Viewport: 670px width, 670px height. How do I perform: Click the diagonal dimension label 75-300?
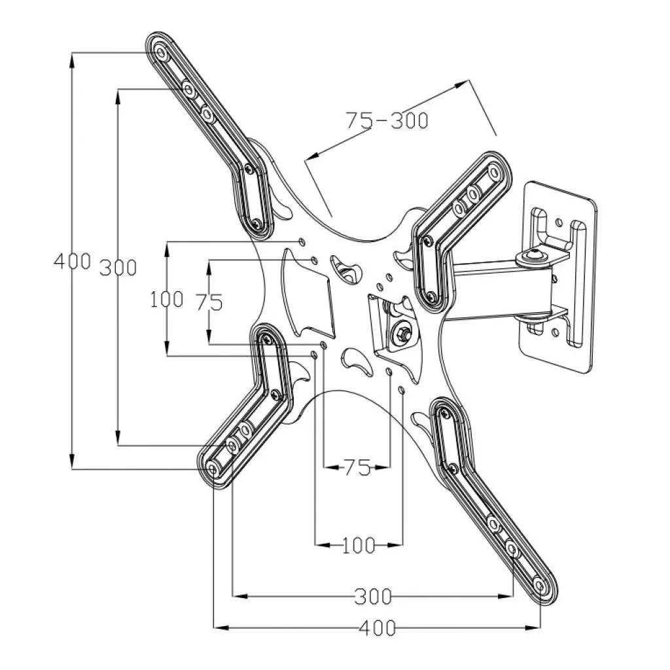click(387, 120)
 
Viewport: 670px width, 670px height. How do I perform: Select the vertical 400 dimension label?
click(72, 262)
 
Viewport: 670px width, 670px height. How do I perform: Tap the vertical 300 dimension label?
click(118, 267)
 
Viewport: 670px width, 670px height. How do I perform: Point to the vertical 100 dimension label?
click(166, 300)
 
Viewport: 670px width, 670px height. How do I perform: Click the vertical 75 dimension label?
click(209, 302)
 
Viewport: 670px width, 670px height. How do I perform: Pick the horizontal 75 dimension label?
click(357, 467)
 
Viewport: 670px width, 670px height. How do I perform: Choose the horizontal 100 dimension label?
click(359, 544)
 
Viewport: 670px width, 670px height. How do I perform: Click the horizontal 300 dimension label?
click(373, 596)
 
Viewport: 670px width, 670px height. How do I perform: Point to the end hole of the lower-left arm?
click(213, 470)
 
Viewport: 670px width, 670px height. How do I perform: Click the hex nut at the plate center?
click(400, 336)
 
